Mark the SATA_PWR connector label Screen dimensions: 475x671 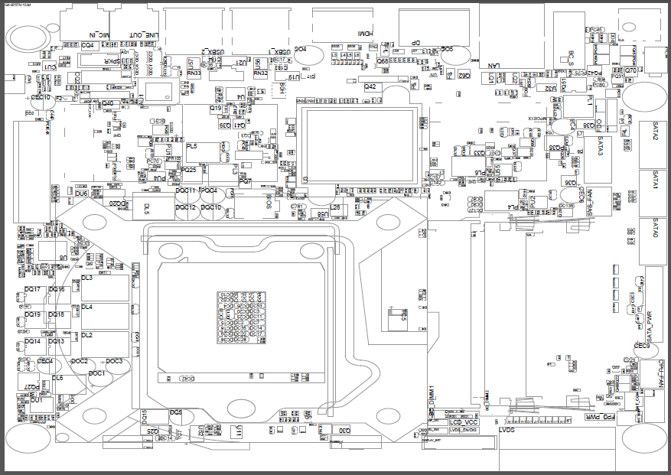[x=649, y=326]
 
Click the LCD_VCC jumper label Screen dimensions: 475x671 [x=463, y=421]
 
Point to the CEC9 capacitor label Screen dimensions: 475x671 [x=641, y=346]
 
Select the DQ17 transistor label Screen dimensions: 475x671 [x=32, y=289]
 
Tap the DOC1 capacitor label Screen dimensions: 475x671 [x=96, y=373]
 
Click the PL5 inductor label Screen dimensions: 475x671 [x=191, y=146]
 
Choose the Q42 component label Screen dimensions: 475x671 [x=370, y=86]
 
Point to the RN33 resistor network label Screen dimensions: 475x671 [x=194, y=73]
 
